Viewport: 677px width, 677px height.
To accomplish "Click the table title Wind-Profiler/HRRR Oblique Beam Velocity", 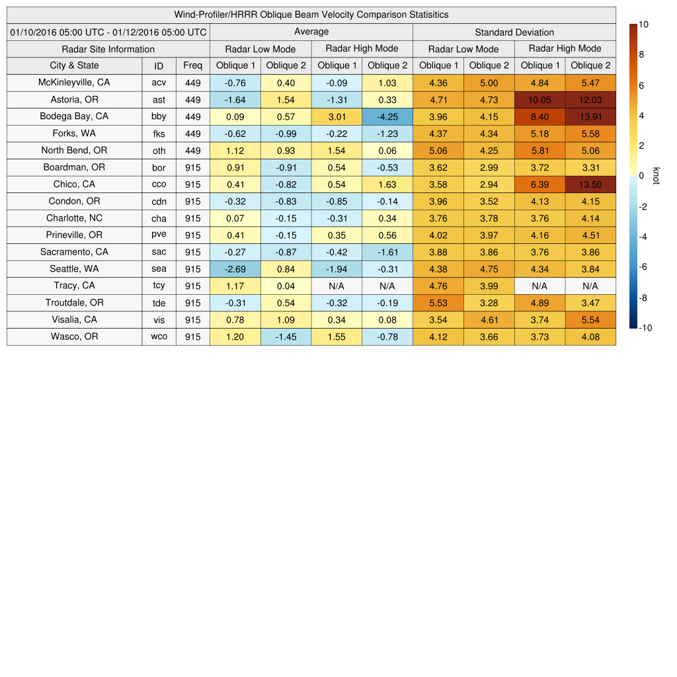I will click(x=311, y=15).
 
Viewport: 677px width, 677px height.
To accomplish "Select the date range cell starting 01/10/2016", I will click(x=108, y=32).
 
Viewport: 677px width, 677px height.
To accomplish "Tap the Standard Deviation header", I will click(x=514, y=32).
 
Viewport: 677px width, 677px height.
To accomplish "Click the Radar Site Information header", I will click(x=108, y=49).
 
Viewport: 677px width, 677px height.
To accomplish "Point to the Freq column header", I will click(x=193, y=65).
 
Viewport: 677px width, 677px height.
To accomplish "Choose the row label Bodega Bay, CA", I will click(x=74, y=116).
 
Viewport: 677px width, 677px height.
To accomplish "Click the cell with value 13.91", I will click(x=590, y=116).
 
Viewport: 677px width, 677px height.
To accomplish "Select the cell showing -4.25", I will click(x=387, y=116).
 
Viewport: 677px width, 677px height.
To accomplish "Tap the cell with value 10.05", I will click(x=539, y=100).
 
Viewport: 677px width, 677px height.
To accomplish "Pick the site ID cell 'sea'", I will click(x=159, y=269).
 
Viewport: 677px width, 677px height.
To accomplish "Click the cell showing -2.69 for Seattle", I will click(x=235, y=269).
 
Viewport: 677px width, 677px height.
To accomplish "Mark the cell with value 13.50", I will click(x=590, y=184).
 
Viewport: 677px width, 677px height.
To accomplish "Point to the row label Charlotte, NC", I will click(x=74, y=218).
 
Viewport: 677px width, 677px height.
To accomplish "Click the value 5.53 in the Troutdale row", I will click(x=438, y=303).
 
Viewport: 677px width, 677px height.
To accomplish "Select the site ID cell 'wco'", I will click(x=159, y=337).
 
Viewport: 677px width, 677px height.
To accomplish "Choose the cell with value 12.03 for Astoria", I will click(x=590, y=100).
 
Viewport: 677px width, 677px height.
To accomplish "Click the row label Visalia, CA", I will click(x=74, y=319).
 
